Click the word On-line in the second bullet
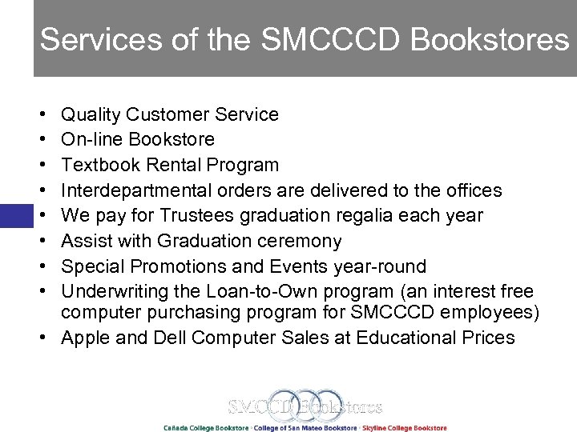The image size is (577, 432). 87,139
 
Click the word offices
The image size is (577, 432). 471,190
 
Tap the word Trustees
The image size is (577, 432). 189,215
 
